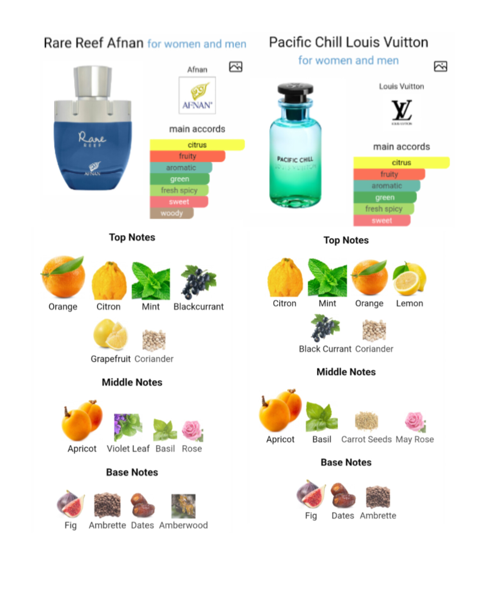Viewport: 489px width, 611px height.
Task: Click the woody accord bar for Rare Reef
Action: tap(172, 213)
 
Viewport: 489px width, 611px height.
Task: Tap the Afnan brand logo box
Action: tap(197, 95)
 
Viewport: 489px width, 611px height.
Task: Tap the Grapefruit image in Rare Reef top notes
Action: tap(110, 335)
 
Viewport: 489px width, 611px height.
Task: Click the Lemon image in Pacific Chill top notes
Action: tap(409, 279)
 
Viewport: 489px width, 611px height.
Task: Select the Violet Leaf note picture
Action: tap(128, 427)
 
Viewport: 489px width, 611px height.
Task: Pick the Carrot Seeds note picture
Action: tap(366, 420)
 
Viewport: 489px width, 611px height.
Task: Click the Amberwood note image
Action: tap(183, 506)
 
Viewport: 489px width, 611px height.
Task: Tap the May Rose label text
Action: tap(415, 439)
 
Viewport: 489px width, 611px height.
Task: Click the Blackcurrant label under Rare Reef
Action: tap(199, 306)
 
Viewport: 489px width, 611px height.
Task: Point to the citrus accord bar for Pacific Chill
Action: tap(401, 163)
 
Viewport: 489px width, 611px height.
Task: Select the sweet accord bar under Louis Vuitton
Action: tap(382, 221)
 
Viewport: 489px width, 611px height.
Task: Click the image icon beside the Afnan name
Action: tap(236, 67)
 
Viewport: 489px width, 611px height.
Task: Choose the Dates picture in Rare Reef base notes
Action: tap(143, 505)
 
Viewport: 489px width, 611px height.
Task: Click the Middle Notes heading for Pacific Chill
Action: tap(346, 372)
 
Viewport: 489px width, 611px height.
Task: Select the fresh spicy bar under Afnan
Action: tap(179, 190)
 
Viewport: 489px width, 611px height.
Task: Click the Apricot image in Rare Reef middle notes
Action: tap(82, 420)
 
